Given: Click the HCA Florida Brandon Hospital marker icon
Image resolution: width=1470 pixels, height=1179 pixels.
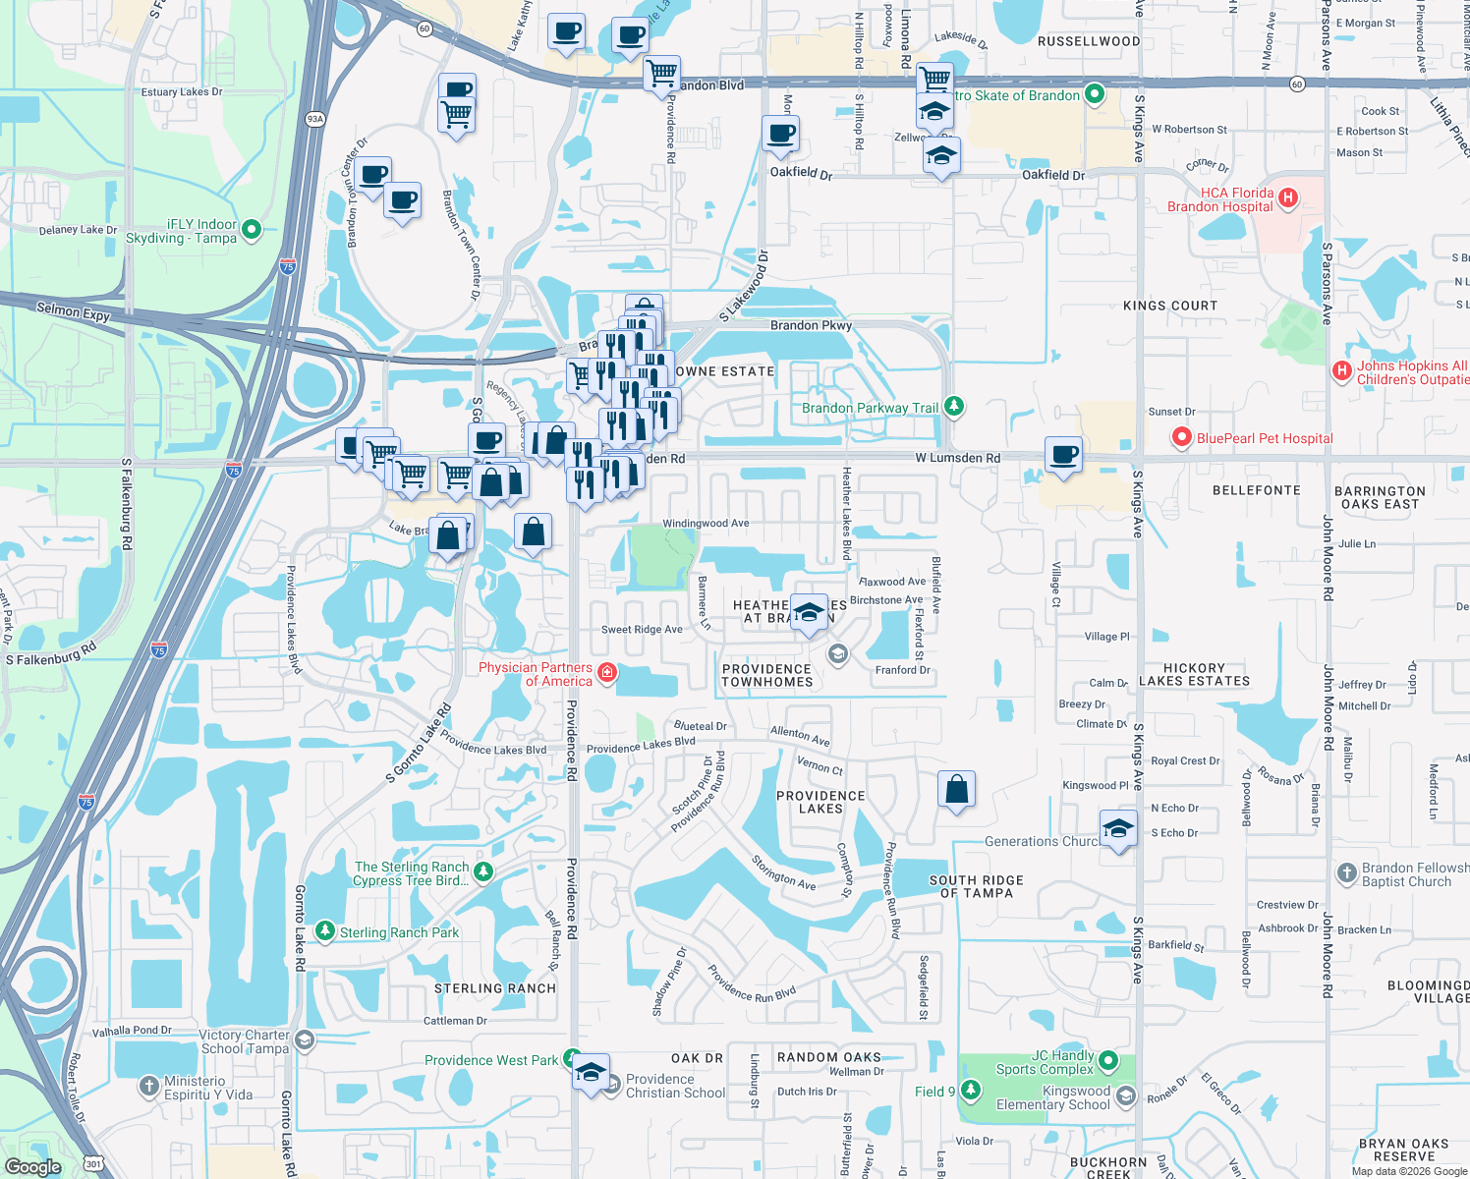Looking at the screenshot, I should pyautogui.click(x=1287, y=198).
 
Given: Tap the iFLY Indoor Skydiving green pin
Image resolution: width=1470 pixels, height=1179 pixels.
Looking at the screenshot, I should pyautogui.click(x=251, y=230).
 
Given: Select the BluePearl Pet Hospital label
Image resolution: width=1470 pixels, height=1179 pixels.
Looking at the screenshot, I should pyautogui.click(x=1265, y=438).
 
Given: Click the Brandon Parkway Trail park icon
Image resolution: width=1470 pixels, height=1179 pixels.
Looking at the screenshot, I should pyautogui.click(x=952, y=406).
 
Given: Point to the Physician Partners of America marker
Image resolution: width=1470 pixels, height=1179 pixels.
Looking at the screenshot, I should pyautogui.click(x=607, y=673).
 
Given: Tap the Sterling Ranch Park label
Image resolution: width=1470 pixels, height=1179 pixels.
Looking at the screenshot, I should pyautogui.click(x=399, y=932).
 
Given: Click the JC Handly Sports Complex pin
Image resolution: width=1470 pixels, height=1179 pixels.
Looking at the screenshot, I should pyautogui.click(x=1108, y=1060).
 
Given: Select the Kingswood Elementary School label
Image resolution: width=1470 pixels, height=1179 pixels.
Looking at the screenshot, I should pyautogui.click(x=1052, y=1097).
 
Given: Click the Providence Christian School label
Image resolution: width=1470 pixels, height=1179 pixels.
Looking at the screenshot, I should pyautogui.click(x=675, y=1086).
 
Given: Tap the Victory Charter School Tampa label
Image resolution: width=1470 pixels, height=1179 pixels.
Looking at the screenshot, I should pyautogui.click(x=244, y=1041).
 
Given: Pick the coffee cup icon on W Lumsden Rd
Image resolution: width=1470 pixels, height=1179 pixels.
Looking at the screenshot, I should pyautogui.click(x=1063, y=456).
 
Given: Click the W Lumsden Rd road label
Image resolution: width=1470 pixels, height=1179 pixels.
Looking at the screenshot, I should pyautogui.click(x=957, y=458).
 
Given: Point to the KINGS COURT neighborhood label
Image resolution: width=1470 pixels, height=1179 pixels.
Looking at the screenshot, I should pyautogui.click(x=1169, y=306).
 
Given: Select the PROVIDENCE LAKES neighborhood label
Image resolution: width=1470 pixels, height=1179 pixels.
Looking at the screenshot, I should pyautogui.click(x=820, y=802).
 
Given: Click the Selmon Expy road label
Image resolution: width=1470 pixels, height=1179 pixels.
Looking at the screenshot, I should pyautogui.click(x=73, y=311).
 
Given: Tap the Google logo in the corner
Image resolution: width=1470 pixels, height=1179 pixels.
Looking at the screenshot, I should pyautogui.click(x=32, y=1166).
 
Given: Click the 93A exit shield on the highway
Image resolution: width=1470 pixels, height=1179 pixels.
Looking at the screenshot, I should pyautogui.click(x=314, y=119).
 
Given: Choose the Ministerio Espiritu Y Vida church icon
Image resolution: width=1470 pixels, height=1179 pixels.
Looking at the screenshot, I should pyautogui.click(x=148, y=1086).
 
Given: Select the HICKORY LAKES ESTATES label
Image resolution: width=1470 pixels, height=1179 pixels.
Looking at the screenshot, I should pyautogui.click(x=1194, y=674).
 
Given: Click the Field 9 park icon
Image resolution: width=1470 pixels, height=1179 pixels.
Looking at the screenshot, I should pyautogui.click(x=970, y=1090).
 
